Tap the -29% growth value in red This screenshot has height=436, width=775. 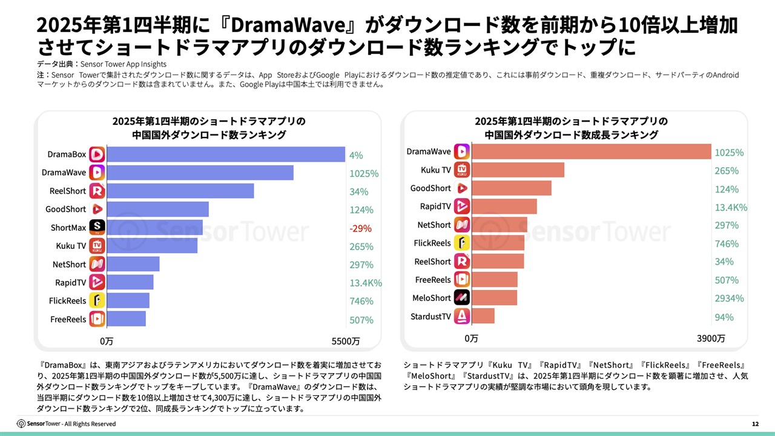[360, 228]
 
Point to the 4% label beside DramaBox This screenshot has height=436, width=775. [356, 155]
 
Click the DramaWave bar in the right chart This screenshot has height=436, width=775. [591, 151]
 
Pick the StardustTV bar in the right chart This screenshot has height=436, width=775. [483, 316]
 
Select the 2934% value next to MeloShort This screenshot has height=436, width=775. [729, 298]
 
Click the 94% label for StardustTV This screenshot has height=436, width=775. [724, 317]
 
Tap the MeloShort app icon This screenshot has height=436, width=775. [462, 298]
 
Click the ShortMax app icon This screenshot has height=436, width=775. [97, 228]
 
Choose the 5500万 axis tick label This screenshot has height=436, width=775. [345, 341]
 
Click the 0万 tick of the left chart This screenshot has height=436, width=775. [107, 341]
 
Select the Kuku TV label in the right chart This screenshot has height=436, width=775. [436, 170]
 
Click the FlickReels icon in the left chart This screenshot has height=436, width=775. [97, 301]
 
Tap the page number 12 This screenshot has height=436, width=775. [755, 424]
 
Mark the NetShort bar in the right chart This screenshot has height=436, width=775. [499, 225]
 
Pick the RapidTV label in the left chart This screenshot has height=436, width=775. [70, 283]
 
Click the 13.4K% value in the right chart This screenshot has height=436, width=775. [731, 207]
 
